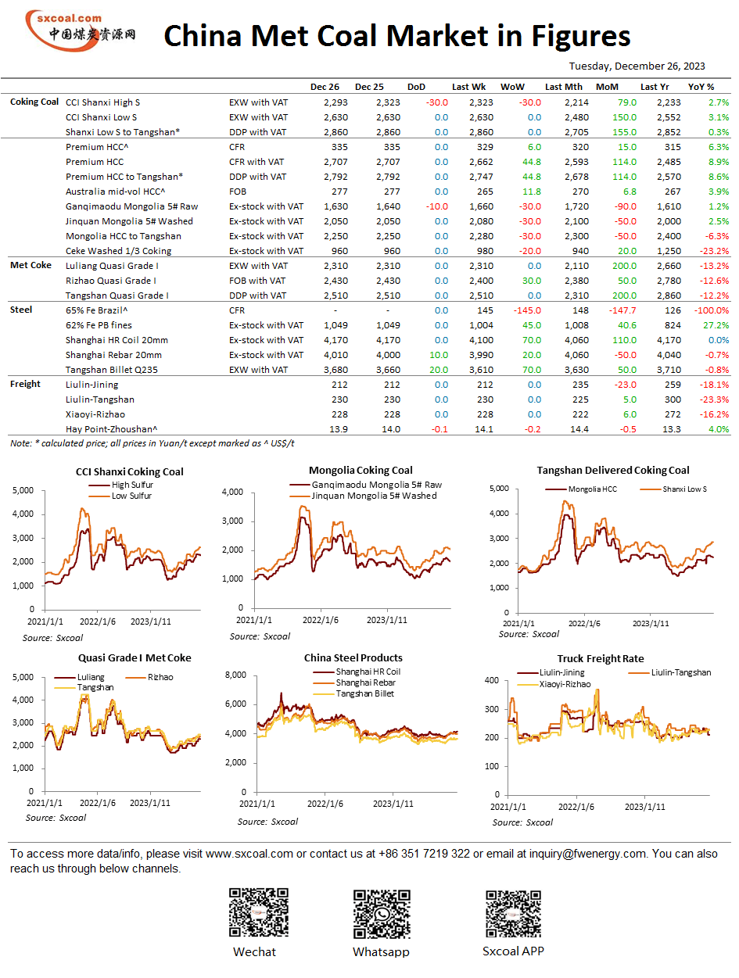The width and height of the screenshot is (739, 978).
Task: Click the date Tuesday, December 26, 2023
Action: coord(637,66)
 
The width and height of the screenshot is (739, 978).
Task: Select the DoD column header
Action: coord(416,87)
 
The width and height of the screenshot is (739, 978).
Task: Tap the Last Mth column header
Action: coord(563,87)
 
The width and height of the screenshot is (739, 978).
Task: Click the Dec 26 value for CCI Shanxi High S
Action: coord(335,102)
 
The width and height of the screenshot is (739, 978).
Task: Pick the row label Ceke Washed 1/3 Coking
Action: coord(118,251)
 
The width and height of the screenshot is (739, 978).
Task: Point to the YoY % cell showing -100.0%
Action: coord(712,310)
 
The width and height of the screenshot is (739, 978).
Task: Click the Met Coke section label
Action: coord(30,265)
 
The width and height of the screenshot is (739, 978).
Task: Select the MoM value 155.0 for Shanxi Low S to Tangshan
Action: coord(624,132)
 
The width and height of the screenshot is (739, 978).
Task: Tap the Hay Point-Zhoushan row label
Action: coord(111,429)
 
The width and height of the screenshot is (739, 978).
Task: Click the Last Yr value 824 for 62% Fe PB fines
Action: coord(673,324)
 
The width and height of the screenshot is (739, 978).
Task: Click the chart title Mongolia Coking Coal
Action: coord(361,470)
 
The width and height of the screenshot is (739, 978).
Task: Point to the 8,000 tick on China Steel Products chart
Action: coord(235,675)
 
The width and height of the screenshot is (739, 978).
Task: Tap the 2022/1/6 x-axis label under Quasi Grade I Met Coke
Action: coord(98,802)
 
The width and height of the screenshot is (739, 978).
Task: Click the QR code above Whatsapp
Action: coord(382,913)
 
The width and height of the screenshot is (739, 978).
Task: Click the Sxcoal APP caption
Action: coord(513,951)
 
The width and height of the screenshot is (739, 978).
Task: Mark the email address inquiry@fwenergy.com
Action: coord(587,853)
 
